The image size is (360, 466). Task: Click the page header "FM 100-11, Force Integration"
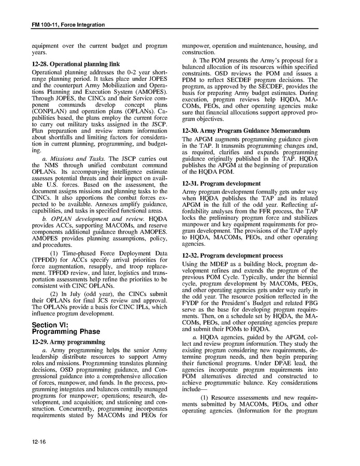(68, 25)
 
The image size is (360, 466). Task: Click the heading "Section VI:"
(52, 324)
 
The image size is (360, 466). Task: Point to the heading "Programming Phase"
(66, 332)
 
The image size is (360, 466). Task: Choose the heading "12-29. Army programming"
(68, 342)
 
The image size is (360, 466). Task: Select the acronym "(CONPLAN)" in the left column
(51, 111)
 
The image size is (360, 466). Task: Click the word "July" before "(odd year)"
(75, 293)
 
